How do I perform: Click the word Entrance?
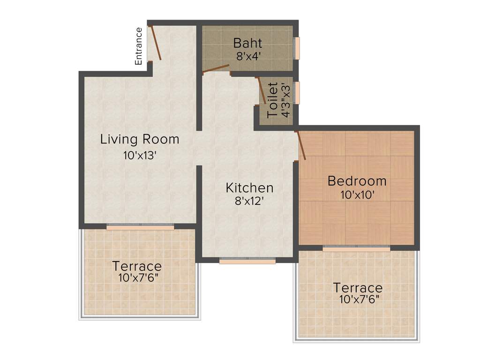point(138,46)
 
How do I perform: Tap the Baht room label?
point(247,43)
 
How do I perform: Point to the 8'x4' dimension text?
point(247,55)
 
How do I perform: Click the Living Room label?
point(140,139)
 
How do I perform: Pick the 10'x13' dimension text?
point(140,156)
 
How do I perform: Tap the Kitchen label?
point(249,188)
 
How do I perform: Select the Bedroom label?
point(357,180)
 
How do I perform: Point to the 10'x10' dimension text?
point(357,195)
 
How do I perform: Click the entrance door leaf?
point(156,43)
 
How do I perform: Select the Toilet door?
point(262,90)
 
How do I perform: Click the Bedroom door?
point(301,146)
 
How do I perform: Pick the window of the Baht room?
point(296,48)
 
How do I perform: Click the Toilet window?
point(296,92)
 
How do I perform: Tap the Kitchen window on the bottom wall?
point(247,260)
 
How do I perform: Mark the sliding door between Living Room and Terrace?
point(140,227)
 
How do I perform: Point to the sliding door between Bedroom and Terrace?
point(356,248)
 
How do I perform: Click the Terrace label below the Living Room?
point(137,266)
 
